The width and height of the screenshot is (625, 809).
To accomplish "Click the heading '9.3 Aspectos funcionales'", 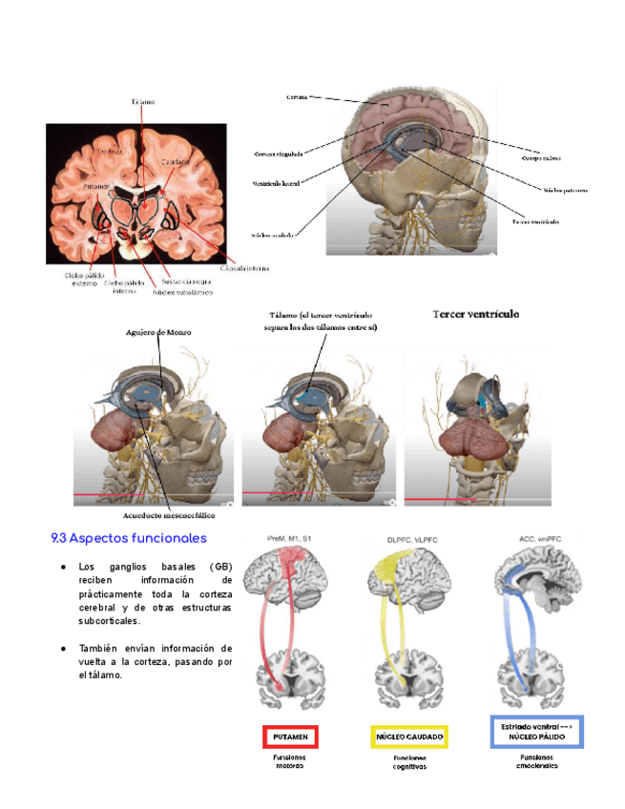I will coord(129,539).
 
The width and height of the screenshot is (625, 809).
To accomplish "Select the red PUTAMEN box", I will coord(289,737).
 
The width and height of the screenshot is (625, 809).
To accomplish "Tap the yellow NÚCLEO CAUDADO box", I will coord(408,737).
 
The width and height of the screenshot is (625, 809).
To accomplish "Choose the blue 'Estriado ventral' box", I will coord(535,732).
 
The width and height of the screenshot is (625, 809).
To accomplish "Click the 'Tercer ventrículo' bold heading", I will coord(476,312).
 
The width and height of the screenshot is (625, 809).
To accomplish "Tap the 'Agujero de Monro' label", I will coord(158,333).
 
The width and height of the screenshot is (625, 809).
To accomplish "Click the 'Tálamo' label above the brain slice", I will coord(144,101).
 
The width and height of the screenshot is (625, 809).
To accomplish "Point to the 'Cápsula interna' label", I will coord(244,268).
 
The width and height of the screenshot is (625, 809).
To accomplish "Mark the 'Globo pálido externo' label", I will coord(85,279).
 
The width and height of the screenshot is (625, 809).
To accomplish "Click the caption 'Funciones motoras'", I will coord(289,760).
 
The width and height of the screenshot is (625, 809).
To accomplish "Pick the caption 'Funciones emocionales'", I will coord(537,760).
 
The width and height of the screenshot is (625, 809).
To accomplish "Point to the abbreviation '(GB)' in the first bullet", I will coord(220,567).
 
